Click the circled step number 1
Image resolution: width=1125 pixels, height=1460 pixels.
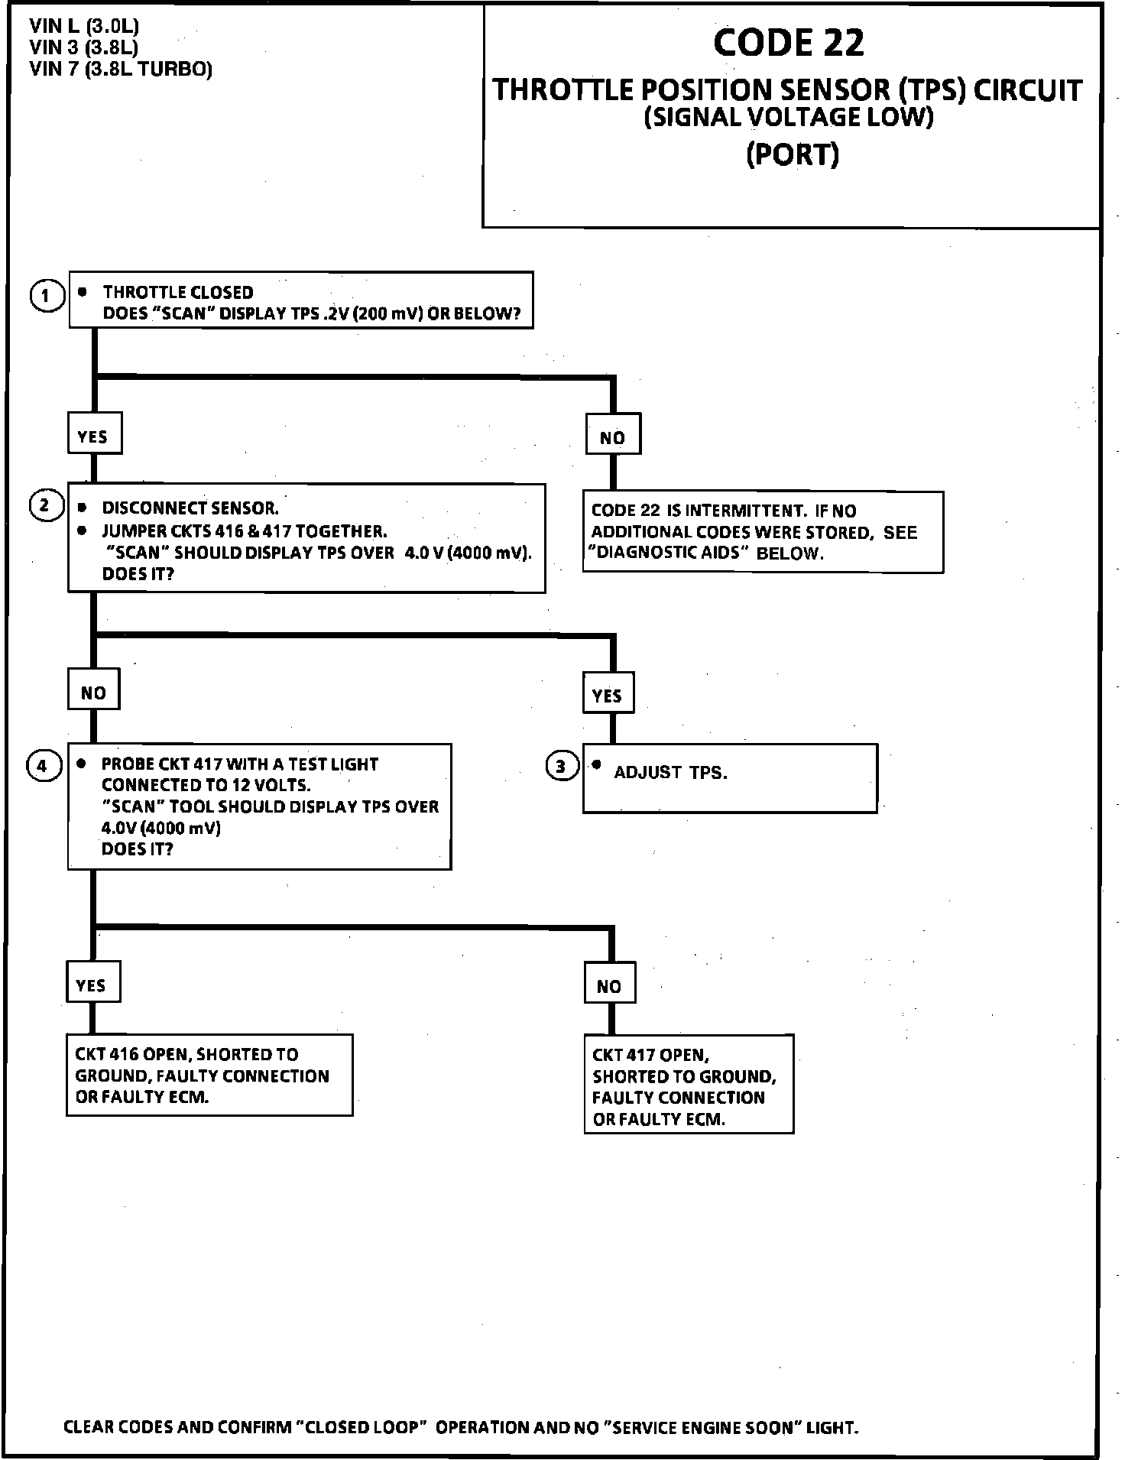47,295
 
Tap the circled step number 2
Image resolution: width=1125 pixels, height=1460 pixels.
45,506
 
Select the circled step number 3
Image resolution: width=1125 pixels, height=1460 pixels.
562,766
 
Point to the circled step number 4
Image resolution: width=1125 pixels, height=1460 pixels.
43,766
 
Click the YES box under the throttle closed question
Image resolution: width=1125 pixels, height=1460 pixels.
93,436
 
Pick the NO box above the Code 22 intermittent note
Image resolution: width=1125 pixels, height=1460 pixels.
612,438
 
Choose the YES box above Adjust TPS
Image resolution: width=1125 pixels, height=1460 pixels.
608,696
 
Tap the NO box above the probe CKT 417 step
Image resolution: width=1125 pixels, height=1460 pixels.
93,693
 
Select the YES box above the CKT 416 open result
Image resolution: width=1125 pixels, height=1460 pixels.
92,985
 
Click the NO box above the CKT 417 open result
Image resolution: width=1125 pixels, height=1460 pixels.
609,987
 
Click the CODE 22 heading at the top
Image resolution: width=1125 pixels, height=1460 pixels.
788,43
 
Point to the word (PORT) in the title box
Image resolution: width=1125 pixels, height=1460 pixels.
793,155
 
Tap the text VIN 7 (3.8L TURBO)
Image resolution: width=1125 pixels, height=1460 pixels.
121,70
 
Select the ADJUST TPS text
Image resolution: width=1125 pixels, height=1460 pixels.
670,773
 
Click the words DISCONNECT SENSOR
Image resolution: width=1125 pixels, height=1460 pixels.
190,508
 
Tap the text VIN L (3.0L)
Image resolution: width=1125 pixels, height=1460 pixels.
84,27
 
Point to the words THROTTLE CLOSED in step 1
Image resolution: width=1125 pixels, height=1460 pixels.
178,293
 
